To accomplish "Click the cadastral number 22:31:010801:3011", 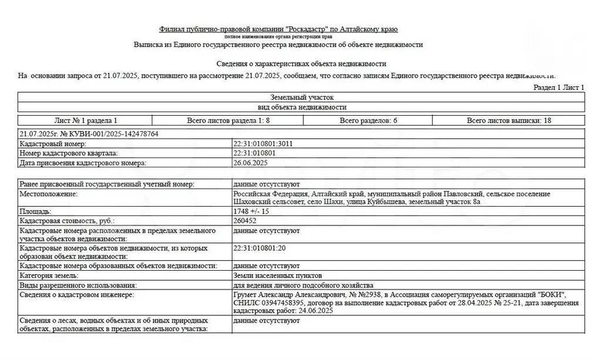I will pos(263,144).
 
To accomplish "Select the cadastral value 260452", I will pos(245,221).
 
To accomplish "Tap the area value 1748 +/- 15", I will pos(252,211).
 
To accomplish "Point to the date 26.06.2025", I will pos(251,163).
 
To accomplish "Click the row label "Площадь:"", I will pos(35,211).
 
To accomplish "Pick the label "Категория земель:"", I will pos(49,275).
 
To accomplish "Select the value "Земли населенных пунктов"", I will pos(277,275).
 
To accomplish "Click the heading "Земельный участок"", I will pos(302,97).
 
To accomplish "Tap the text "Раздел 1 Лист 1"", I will pos(558,88).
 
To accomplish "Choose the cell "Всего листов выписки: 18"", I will pos(509,120).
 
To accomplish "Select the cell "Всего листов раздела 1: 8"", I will pos(228,120).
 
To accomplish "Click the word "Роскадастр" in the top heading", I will pos(306,29).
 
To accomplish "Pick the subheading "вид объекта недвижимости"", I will pos(302,107).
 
